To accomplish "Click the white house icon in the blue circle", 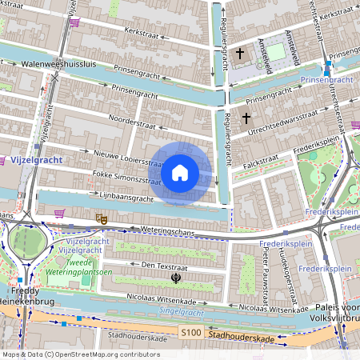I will [x=180, y=172].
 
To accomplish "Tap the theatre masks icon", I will [x=102, y=217].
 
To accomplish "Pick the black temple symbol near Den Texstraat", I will [x=174, y=278].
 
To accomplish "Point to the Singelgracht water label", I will [x=181, y=312].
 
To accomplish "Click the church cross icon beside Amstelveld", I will [x=239, y=54].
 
